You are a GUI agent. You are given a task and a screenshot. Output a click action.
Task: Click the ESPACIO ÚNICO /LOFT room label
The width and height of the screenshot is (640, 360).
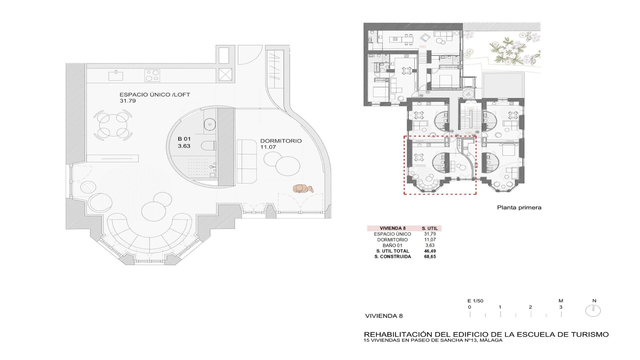155,95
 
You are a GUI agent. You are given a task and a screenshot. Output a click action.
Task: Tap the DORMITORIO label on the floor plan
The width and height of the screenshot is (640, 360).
281,141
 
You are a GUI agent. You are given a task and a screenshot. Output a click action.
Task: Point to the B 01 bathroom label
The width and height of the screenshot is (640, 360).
184,139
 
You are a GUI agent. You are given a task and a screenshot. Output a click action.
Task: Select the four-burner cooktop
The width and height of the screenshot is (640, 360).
152,76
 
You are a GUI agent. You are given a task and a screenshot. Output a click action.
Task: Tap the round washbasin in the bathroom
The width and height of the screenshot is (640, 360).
210,124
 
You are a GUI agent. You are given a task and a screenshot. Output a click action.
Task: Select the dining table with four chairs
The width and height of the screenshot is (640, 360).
113,125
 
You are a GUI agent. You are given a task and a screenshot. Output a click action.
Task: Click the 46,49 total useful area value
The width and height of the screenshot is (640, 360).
430,251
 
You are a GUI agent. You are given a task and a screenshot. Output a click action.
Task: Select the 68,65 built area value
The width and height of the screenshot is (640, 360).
430,257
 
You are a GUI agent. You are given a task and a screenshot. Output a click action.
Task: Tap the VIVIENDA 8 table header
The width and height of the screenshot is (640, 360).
393,228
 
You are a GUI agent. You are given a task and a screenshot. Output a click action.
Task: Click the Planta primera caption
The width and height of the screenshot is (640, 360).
519,208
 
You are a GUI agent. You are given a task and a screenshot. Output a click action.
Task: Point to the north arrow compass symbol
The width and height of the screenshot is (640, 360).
593,311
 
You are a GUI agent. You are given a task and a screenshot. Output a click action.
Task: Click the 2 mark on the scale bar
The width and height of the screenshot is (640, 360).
530,307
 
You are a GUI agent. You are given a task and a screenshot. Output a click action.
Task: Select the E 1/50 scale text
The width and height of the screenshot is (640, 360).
475,301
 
